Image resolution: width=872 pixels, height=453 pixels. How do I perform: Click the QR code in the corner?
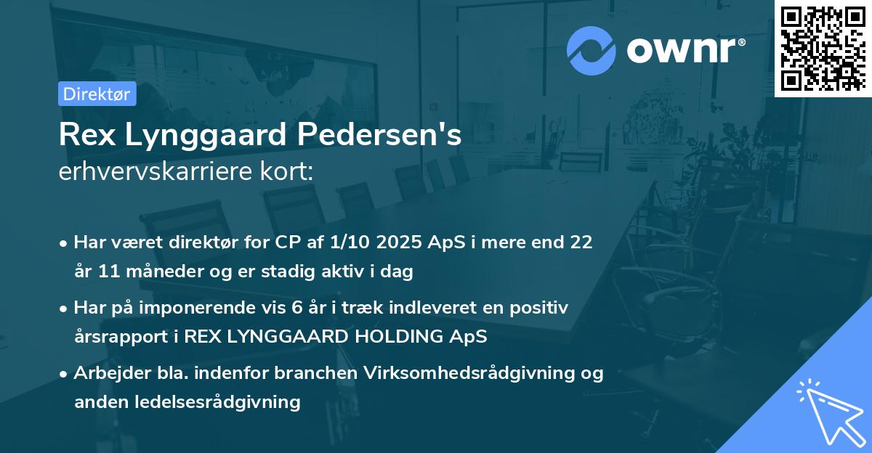823,48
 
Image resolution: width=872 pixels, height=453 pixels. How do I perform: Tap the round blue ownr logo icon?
592,51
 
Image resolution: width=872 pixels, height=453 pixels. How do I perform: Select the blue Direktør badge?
97,94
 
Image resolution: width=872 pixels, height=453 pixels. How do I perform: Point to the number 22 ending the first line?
581,242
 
